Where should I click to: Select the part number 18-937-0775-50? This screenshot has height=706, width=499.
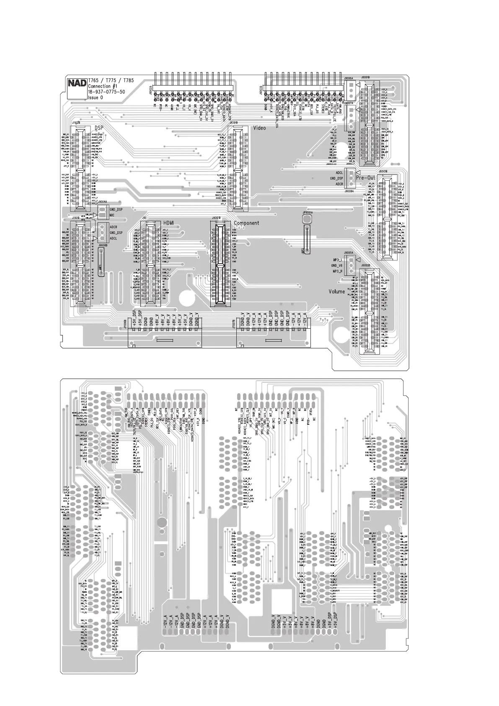point(106,92)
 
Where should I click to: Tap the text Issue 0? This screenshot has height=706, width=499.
point(95,98)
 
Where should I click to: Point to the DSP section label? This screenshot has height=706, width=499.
point(99,127)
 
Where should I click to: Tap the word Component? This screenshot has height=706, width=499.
point(246,223)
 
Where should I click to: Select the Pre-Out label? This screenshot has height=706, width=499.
point(366,178)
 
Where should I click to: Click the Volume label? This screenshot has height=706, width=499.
point(337,291)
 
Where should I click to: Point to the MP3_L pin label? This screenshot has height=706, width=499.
point(338,260)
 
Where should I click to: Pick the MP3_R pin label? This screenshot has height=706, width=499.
point(338,272)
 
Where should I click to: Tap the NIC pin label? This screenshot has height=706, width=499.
point(112,215)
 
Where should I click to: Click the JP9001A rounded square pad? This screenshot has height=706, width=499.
point(308,219)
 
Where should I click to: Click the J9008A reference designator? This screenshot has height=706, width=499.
point(349,191)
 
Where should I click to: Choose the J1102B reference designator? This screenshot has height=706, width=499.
point(76,123)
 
